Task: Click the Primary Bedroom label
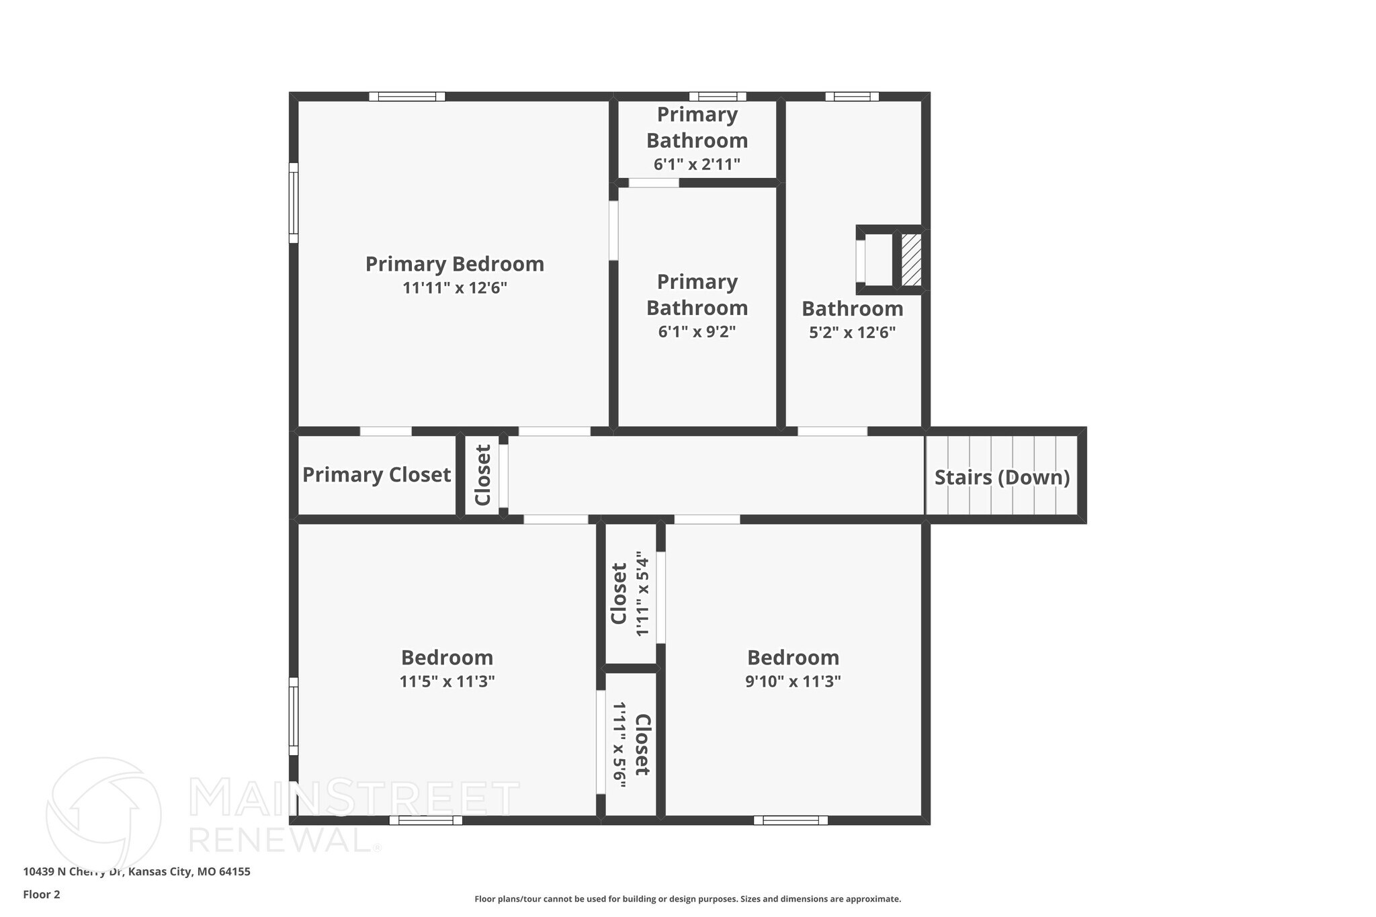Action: [454, 264]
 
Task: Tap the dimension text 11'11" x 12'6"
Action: [454, 288]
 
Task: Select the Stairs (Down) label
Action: [1002, 478]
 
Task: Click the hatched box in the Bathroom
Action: [911, 260]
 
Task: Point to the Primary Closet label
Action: [376, 475]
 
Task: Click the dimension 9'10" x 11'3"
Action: [793, 682]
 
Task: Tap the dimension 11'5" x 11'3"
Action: [447, 682]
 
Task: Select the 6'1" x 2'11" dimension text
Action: [697, 165]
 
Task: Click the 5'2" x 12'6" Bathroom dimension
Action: [852, 333]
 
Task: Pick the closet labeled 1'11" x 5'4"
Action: [630, 594]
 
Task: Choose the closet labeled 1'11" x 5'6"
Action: [630, 744]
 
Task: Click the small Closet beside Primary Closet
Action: [482, 476]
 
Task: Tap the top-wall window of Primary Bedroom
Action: [407, 97]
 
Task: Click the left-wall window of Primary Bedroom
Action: [294, 203]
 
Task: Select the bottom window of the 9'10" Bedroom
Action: [790, 820]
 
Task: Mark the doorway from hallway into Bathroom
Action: [832, 431]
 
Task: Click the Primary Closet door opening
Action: [386, 431]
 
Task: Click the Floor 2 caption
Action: [42, 895]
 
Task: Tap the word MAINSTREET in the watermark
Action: [354, 798]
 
